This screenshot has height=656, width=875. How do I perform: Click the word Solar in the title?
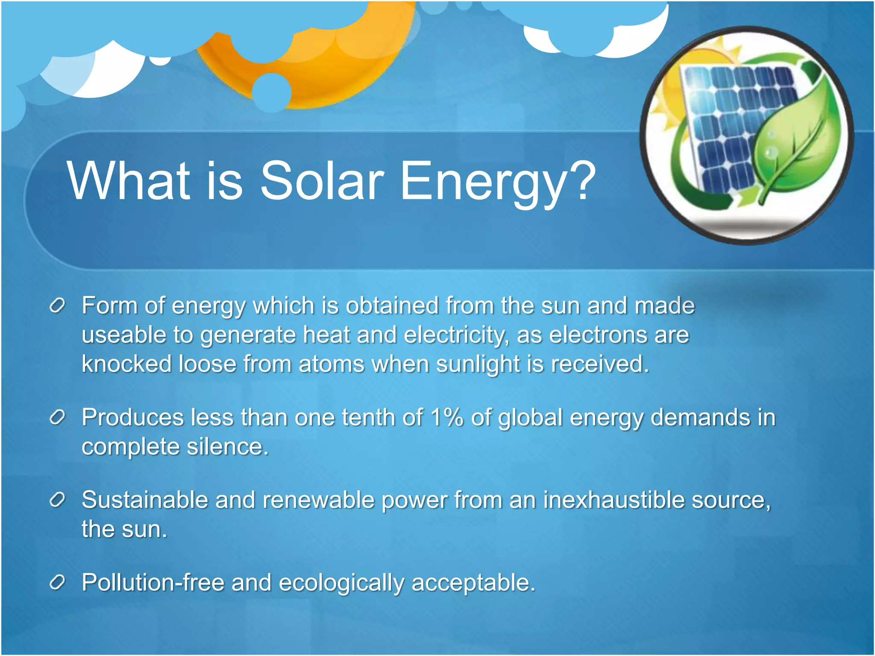tap(322, 181)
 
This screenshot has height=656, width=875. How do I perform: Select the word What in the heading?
tap(128, 181)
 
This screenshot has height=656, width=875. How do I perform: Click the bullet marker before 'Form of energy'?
tap(57, 306)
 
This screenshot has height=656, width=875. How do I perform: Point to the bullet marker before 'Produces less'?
tap(57, 417)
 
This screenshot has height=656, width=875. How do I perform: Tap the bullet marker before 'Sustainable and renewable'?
tap(57, 500)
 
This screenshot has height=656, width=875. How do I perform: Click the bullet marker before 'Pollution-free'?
tap(57, 582)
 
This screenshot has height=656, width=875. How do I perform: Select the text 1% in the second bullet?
tap(447, 417)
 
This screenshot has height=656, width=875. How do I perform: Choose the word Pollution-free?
tap(153, 582)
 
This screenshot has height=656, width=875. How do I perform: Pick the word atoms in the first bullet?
tap(331, 364)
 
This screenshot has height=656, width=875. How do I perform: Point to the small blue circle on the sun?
tap(272, 92)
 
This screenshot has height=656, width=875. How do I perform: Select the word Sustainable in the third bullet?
tap(144, 500)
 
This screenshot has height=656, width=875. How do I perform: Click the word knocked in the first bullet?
tap(126, 364)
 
